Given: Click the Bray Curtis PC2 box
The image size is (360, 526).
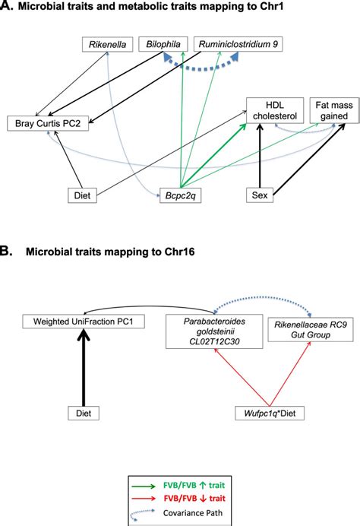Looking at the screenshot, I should [x=45, y=123].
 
